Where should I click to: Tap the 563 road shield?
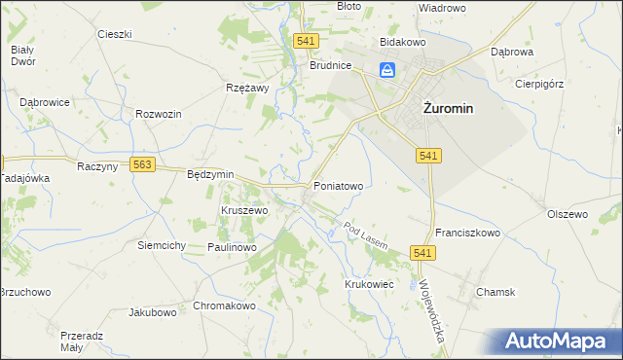tap(143, 165)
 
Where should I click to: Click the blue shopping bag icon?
tap(387, 70)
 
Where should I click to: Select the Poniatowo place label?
tap(338, 185)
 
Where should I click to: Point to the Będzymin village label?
tap(210, 174)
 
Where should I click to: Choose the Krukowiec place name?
tap(368, 283)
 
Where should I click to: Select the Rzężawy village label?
tap(247, 87)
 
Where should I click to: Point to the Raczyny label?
tap(96, 167)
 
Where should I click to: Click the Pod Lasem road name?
tap(366, 235)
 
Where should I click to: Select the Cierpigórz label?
tap(540, 84)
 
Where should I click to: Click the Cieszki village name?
tap(115, 34)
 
